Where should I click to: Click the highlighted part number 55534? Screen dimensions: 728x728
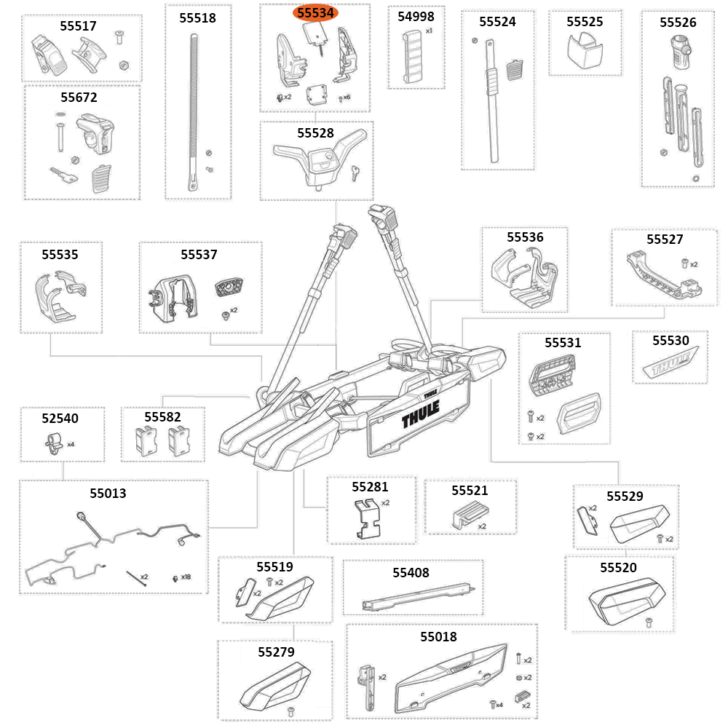(315, 13)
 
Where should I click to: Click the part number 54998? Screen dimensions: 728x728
(416, 16)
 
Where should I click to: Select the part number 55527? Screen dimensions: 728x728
(665, 239)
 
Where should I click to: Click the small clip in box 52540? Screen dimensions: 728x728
(53, 442)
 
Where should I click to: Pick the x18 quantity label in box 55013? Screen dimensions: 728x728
(186, 577)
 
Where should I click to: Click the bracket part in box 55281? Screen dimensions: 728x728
(370, 518)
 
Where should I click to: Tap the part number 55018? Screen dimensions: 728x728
(438, 636)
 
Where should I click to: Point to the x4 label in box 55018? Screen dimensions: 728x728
(499, 704)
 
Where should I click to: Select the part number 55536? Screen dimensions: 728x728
(525, 237)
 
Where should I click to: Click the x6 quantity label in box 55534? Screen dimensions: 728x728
(347, 97)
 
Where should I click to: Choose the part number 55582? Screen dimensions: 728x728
(162, 416)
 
